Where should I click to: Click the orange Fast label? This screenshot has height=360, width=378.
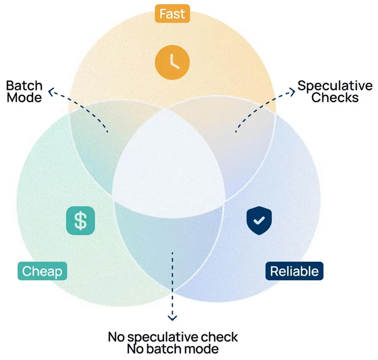[x=172, y=14]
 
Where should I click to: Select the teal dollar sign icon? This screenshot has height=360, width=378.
[x=80, y=220]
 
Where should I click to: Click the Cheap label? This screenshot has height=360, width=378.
[x=42, y=271]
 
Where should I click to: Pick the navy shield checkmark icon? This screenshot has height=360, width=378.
[x=259, y=220]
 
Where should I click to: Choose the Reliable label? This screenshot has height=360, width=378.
[x=294, y=271]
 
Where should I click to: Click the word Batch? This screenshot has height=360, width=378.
[x=24, y=86]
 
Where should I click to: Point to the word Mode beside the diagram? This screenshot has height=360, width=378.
[x=24, y=98]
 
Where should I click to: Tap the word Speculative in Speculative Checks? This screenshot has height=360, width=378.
[x=335, y=86]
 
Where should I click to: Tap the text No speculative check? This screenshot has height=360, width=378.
[x=173, y=337]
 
